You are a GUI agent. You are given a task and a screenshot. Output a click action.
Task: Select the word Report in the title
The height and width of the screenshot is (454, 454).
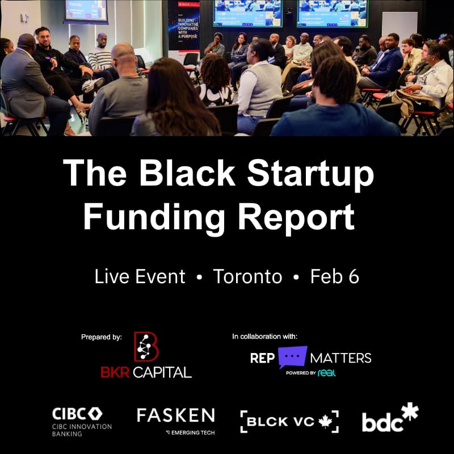pyautogui.click(x=297, y=216)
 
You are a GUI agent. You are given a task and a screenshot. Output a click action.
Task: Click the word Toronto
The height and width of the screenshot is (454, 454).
pyautogui.click(x=247, y=276)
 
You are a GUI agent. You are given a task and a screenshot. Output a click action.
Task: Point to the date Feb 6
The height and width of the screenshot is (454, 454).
pyautogui.click(x=335, y=276)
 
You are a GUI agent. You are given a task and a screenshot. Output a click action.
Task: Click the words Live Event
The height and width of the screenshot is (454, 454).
pyautogui.click(x=140, y=276)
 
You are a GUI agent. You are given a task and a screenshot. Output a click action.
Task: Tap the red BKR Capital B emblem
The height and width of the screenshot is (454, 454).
pyautogui.click(x=146, y=347)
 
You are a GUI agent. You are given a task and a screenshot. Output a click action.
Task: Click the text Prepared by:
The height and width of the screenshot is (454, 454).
pyautogui.click(x=102, y=337)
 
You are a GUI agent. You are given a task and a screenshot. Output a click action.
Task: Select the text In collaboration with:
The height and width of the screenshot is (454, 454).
pyautogui.click(x=265, y=337)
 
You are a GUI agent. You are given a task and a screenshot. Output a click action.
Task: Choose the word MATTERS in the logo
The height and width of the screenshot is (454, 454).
pyautogui.click(x=341, y=358)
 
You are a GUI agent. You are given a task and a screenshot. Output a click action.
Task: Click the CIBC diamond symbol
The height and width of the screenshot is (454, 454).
pyautogui.click(x=95, y=414)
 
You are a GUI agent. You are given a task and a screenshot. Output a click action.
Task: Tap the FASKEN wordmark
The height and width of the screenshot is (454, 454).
pyautogui.click(x=176, y=415)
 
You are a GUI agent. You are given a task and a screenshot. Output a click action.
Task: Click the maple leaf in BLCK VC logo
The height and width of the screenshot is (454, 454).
pyautogui.click(x=325, y=422)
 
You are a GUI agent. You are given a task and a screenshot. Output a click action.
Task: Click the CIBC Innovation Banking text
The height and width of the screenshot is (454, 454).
pyautogui.click(x=74, y=430)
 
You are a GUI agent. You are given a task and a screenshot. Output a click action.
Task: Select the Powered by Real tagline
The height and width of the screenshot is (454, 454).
pyautogui.click(x=307, y=372)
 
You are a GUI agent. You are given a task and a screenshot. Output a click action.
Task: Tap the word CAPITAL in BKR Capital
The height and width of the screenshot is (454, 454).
pyautogui.click(x=162, y=372)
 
